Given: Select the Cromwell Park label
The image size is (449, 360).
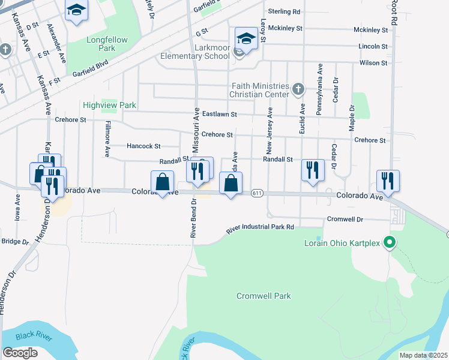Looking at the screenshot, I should click(x=264, y=296).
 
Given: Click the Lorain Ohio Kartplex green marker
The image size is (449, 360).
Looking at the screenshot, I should click(x=389, y=243).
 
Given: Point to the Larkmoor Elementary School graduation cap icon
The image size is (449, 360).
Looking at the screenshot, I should click(x=246, y=38).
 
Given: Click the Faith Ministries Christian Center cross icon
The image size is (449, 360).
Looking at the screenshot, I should click(x=298, y=91).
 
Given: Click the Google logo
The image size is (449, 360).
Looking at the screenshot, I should click(x=20, y=353).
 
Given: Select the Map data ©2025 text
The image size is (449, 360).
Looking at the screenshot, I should click(x=423, y=355).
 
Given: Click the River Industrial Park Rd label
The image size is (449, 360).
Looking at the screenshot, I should click(x=260, y=228).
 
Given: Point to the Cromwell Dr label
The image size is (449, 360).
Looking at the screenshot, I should click(x=345, y=219).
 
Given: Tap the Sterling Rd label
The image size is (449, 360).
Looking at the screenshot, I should click(x=284, y=11).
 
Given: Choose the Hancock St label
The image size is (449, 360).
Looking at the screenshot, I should click(x=143, y=146).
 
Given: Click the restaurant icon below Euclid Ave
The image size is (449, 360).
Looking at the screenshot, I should click(x=313, y=169).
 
